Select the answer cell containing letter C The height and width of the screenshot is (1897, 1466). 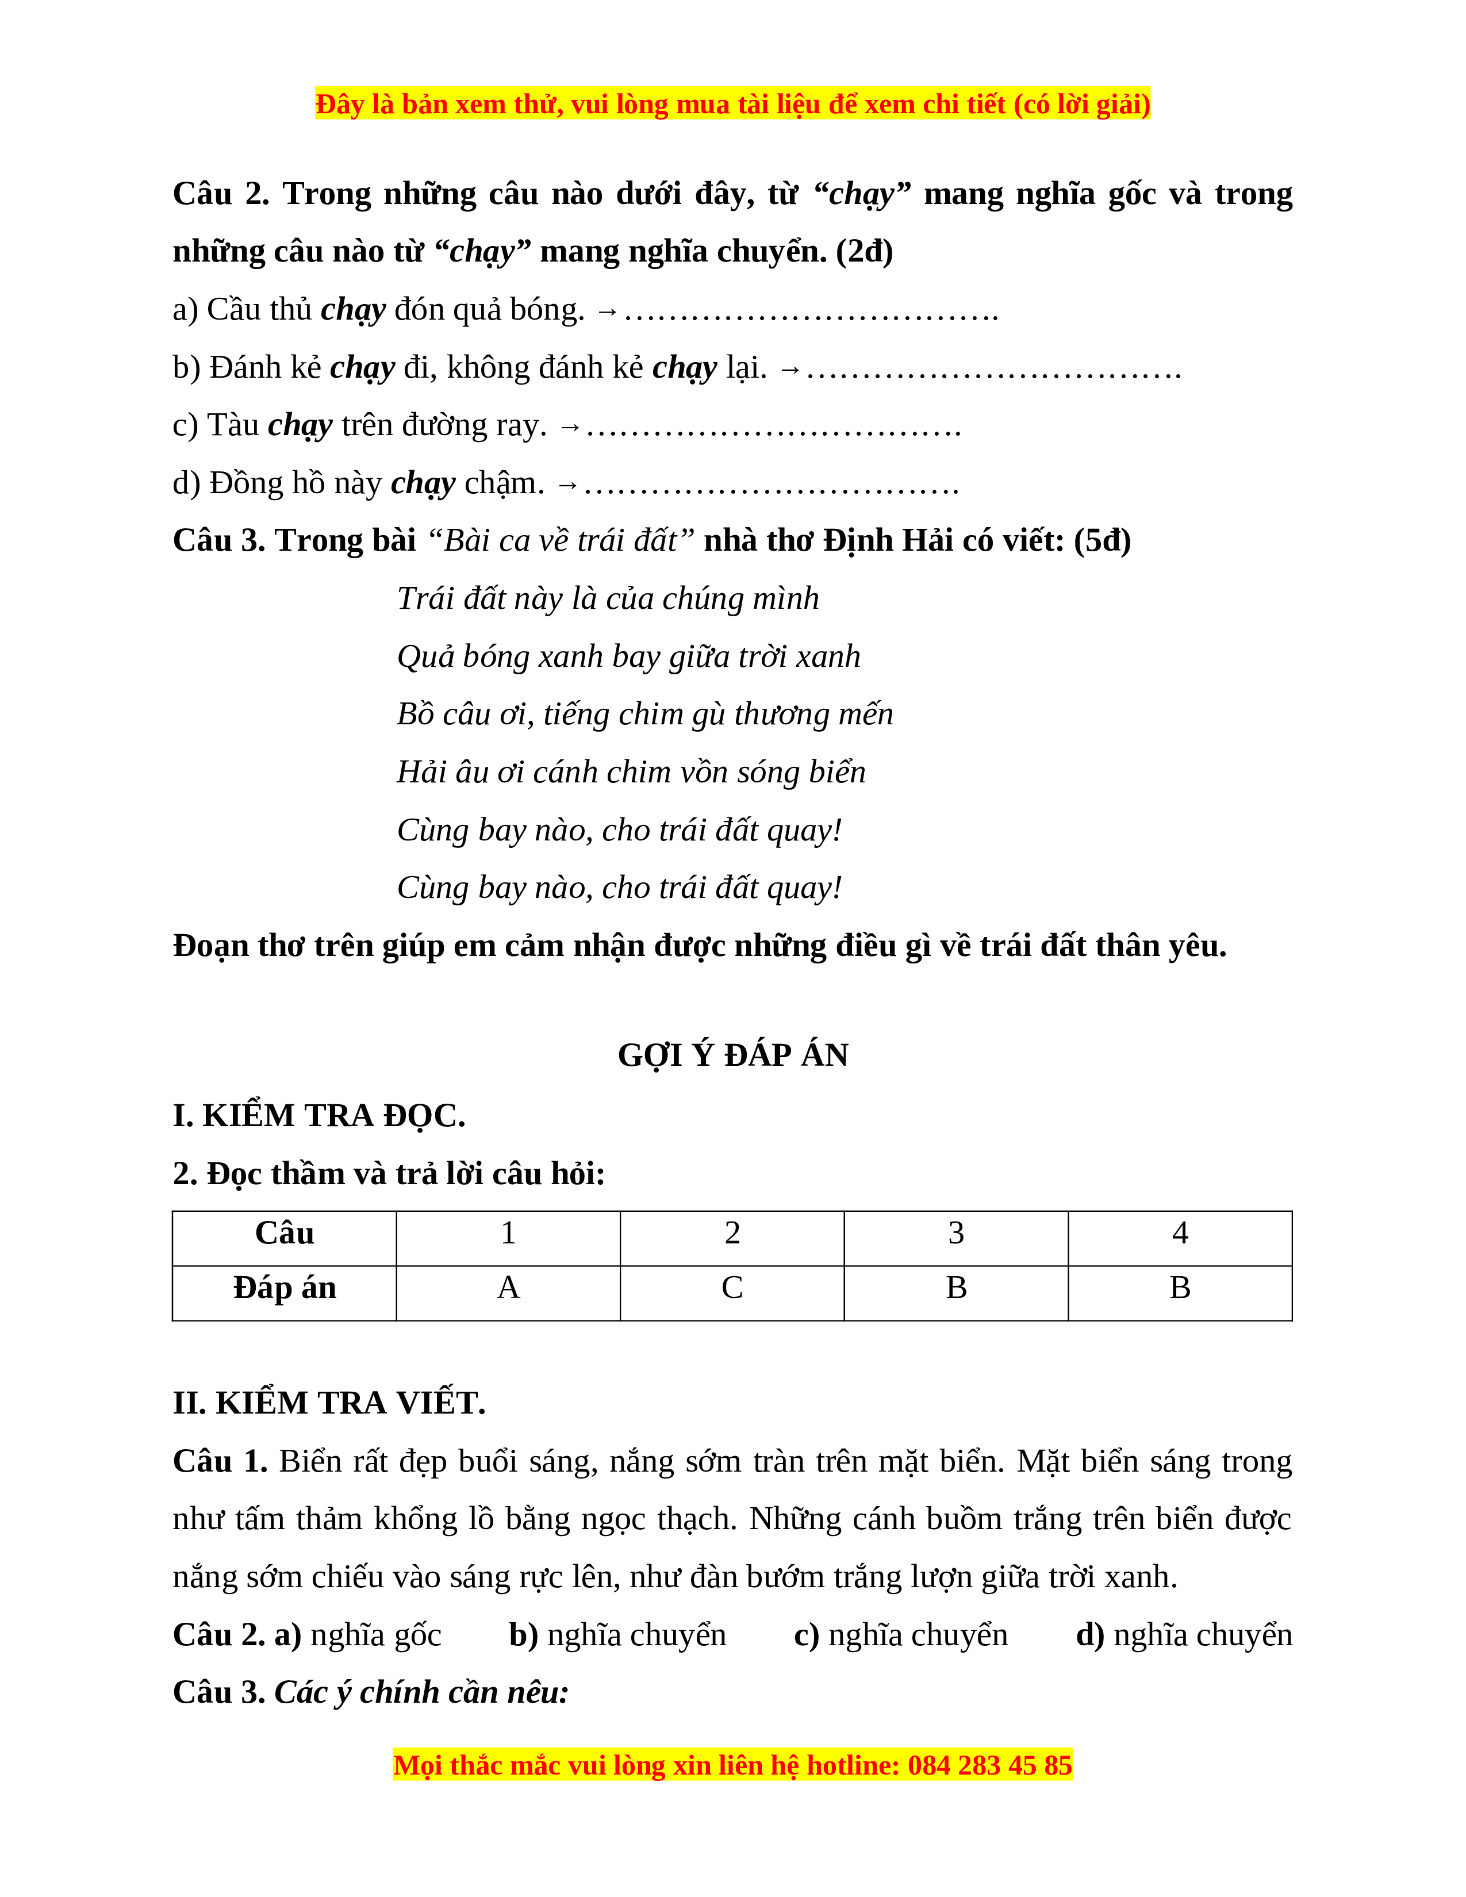click(732, 1287)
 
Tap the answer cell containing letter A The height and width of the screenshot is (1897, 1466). click(508, 1287)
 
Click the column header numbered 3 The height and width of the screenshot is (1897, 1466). click(956, 1232)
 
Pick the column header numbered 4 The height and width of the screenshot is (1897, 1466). click(1179, 1232)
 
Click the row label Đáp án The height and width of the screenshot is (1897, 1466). click(285, 1287)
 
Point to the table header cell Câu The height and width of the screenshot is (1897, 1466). click(285, 1232)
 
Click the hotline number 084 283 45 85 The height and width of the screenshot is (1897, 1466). click(990, 1765)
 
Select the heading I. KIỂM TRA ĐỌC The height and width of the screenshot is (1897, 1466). click(318, 1115)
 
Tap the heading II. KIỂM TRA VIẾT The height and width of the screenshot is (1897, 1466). click(329, 1403)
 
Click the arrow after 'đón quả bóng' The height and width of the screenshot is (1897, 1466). click(607, 311)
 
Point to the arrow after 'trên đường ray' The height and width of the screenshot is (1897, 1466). click(570, 427)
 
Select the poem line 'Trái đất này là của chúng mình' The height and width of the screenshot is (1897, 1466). click(608, 598)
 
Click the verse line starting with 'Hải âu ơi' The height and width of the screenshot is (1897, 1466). click(631, 771)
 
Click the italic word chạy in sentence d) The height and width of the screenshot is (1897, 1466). click(423, 483)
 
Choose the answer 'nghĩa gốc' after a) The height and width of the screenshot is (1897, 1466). click(376, 1635)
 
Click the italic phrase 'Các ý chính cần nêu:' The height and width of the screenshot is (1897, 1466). click(421, 1692)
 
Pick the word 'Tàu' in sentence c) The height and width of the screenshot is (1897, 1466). click(233, 425)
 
